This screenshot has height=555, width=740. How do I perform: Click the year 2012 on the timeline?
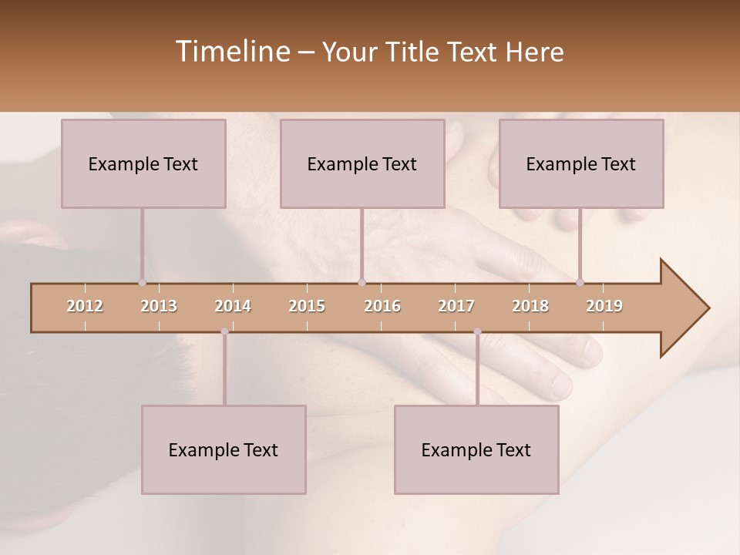point(85,306)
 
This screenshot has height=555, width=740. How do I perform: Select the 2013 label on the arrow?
point(159,306)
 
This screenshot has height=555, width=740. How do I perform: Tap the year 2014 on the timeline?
point(233,306)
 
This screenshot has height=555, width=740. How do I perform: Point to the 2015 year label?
point(307,306)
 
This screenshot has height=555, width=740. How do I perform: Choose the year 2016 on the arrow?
point(382,306)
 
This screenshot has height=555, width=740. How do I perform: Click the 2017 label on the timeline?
point(456,306)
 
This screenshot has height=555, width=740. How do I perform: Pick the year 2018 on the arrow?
point(530,306)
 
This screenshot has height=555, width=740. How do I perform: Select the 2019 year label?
point(604,306)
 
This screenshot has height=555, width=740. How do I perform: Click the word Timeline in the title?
point(231,52)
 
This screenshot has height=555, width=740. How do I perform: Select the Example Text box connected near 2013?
point(143,163)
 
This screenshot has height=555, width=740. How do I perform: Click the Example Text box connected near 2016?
point(362,163)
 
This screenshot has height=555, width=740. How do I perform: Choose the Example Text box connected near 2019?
point(581,163)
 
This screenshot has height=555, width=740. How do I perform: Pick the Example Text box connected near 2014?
point(224,449)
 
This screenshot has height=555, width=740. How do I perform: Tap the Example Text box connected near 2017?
point(476,449)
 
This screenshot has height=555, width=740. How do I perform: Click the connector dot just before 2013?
point(142,282)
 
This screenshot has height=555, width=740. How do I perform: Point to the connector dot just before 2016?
point(362,282)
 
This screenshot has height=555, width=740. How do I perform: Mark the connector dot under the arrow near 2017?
point(477,331)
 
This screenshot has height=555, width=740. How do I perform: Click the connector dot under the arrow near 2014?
point(224,331)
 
